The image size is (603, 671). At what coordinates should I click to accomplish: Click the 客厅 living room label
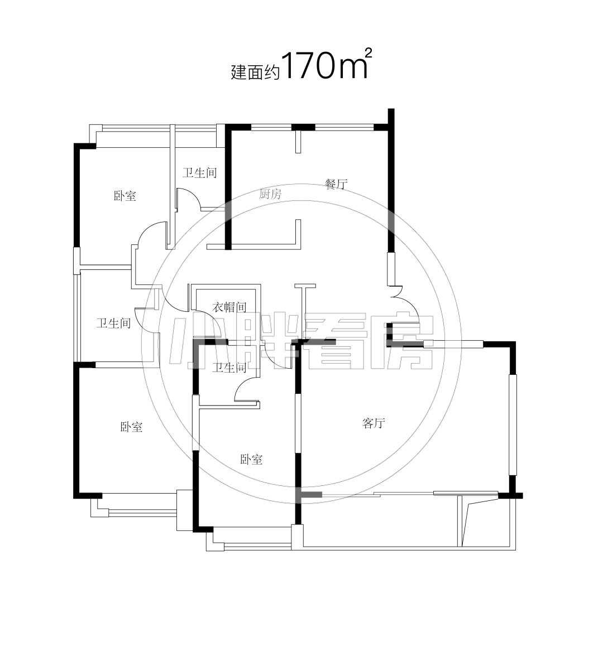coord(374,423)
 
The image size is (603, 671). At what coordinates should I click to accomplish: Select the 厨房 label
coord(270,194)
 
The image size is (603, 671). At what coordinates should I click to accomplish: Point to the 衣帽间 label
coord(229,307)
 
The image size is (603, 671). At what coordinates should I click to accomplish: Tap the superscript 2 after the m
coord(367,53)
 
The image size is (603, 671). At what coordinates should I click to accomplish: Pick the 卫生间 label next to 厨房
coord(199,173)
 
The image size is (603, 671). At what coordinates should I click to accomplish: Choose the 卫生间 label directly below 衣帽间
coord(229,368)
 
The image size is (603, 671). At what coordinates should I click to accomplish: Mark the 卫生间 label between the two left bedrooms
coord(113,323)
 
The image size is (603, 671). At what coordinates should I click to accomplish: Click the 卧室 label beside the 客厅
coord(251,460)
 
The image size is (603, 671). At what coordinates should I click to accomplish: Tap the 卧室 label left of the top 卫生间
coord(125,196)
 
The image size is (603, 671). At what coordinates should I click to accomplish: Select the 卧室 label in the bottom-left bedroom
coord(131,427)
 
